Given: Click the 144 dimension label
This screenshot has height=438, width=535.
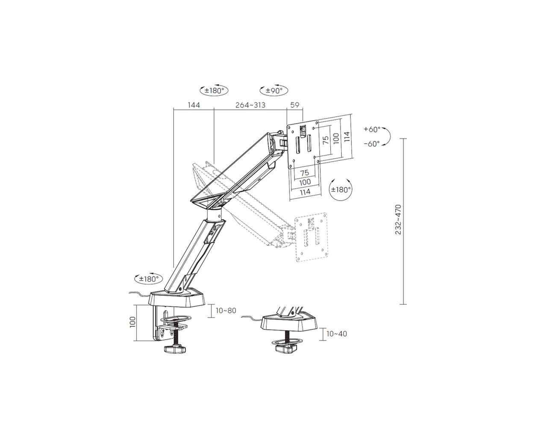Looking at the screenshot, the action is point(194,105).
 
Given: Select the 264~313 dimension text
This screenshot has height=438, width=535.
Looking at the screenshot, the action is point(250,105).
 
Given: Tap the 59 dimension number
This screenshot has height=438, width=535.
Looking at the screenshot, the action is point(295,105).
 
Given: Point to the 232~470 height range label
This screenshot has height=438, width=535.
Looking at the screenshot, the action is point(399,219).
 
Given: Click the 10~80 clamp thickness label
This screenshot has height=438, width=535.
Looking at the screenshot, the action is point(226,310).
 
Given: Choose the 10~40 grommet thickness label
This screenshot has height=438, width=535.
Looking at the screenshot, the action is point(337,334).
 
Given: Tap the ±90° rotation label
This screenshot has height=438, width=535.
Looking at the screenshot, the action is point(274,91).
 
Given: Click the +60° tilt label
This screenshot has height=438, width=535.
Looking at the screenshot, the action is point(372,129).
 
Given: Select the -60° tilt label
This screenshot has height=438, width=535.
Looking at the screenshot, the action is point(372,144).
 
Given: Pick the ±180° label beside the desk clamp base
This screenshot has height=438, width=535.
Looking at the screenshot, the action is point(149,279).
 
